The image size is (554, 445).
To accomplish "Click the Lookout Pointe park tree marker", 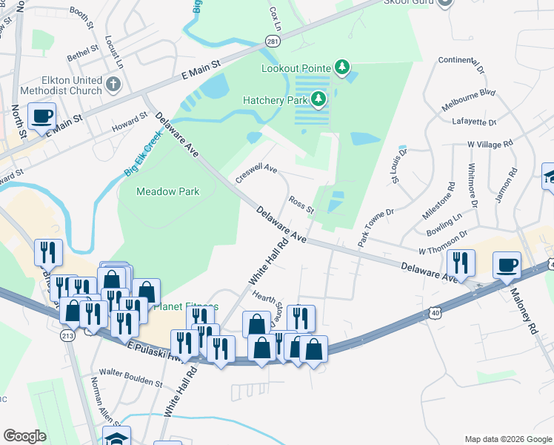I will pyautogui.click(x=341, y=68).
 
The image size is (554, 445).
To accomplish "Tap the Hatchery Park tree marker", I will pyautogui.click(x=318, y=99).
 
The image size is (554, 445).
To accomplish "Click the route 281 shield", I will pyautogui.click(x=273, y=42).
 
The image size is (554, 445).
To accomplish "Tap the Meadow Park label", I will pyautogui.click(x=167, y=191).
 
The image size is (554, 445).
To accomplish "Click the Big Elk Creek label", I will pyautogui.click(x=142, y=155).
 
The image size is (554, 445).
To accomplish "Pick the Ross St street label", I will pyautogui.click(x=301, y=204).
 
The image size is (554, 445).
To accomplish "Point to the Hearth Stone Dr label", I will pyautogui.click(x=268, y=306).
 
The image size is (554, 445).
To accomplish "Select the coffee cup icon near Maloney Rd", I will pyautogui.click(x=507, y=265).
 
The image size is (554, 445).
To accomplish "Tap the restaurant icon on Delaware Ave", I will pyautogui.click(x=461, y=263).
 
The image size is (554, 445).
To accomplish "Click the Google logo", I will pyautogui.click(x=24, y=435).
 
